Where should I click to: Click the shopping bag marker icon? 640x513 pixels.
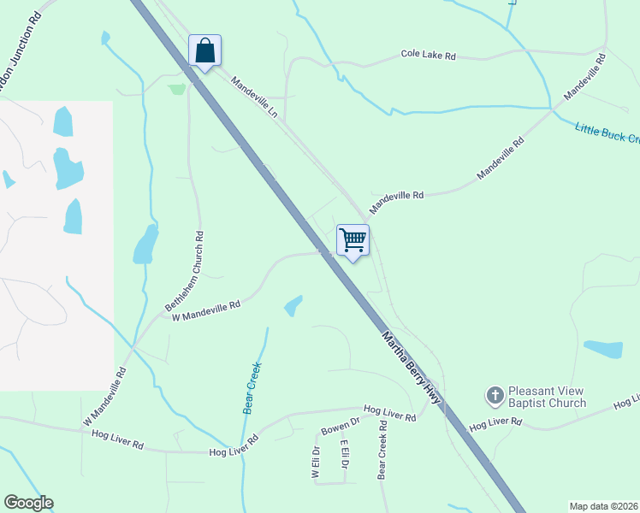pyautogui.click(x=204, y=50)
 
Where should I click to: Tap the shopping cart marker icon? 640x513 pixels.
pyautogui.click(x=353, y=240)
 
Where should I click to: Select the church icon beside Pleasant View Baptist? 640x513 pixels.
pyautogui.click(x=495, y=395)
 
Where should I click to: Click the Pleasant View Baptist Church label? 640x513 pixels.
pyautogui.click(x=547, y=396)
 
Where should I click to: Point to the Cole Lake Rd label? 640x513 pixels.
pyautogui.click(x=428, y=55)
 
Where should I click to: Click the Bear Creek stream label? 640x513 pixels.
pyautogui.click(x=252, y=388)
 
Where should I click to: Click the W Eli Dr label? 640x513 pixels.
pyautogui.click(x=316, y=461)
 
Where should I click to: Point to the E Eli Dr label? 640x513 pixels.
pyautogui.click(x=344, y=455)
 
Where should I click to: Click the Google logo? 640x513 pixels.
pyautogui.click(x=28, y=503)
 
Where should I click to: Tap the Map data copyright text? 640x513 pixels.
pyautogui.click(x=603, y=506)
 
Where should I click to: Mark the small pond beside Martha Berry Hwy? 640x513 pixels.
pyautogui.click(x=293, y=305)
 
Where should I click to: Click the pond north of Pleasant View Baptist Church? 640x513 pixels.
pyautogui.click(x=603, y=349)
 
